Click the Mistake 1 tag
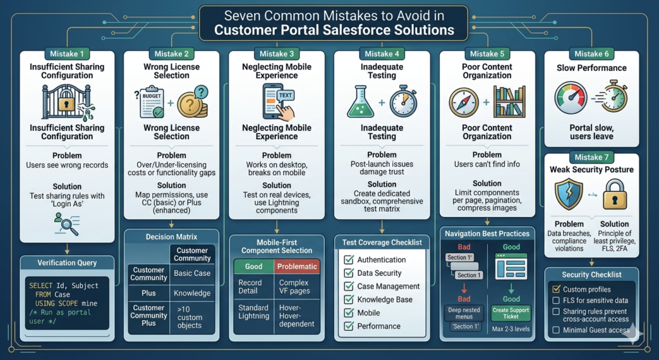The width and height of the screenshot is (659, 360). [67, 54]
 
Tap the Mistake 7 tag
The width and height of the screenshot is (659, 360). [588, 156]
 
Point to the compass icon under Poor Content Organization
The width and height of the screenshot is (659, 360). [465, 101]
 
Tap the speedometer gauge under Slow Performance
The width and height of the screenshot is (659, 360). [571, 99]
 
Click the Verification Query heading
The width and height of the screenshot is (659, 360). [67, 262]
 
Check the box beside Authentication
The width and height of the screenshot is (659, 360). [349, 260]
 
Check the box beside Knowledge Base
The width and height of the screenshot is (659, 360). [349, 299]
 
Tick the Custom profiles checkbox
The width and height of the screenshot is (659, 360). [557, 289]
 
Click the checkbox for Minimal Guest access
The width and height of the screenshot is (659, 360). [557, 330]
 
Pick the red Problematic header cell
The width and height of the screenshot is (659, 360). [296, 266]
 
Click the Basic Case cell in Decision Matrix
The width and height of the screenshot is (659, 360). [192, 274]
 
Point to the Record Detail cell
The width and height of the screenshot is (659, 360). [250, 287]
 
